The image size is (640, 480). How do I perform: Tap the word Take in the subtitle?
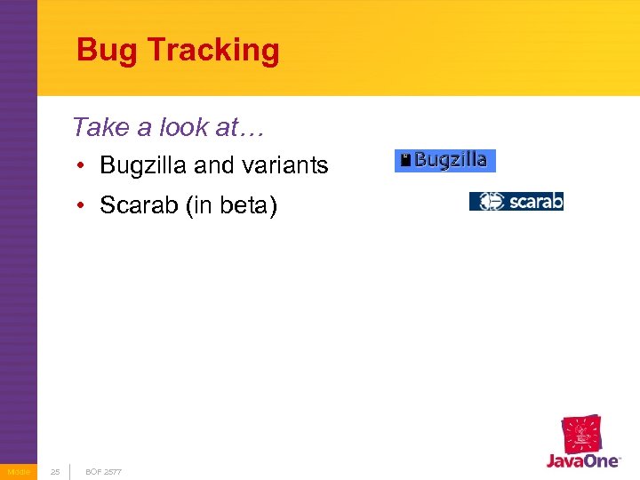[100, 127]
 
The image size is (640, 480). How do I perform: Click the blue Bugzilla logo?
[445, 161]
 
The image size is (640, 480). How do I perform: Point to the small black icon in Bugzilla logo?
[405, 161]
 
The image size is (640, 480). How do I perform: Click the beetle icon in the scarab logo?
[490, 202]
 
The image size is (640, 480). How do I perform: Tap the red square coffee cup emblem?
[580, 434]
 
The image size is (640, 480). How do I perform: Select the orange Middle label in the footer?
[18, 471]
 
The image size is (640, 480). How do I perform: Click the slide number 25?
[55, 471]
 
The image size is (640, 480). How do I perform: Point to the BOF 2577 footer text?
[103, 471]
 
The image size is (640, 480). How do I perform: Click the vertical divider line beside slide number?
[70, 471]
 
